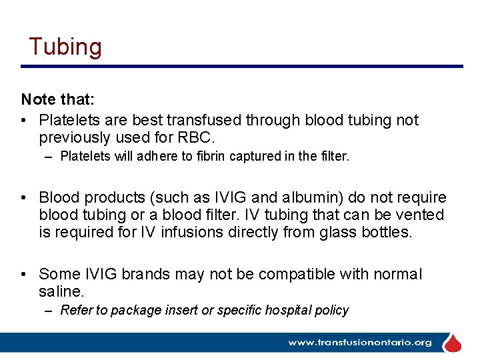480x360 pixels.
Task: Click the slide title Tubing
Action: tap(65, 47)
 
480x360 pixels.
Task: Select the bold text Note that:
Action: tap(57, 100)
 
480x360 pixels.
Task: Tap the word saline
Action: tap(60, 291)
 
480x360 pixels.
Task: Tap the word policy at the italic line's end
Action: tap(331, 310)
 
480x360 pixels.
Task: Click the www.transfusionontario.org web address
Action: tap(359, 343)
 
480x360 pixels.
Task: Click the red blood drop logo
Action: tap(453, 343)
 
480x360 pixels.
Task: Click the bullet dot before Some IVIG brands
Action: tap(25, 274)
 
